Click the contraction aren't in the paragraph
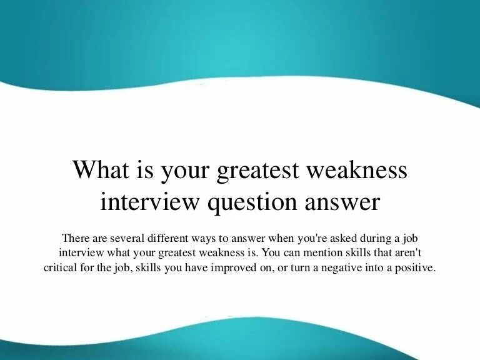tap(407, 253)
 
